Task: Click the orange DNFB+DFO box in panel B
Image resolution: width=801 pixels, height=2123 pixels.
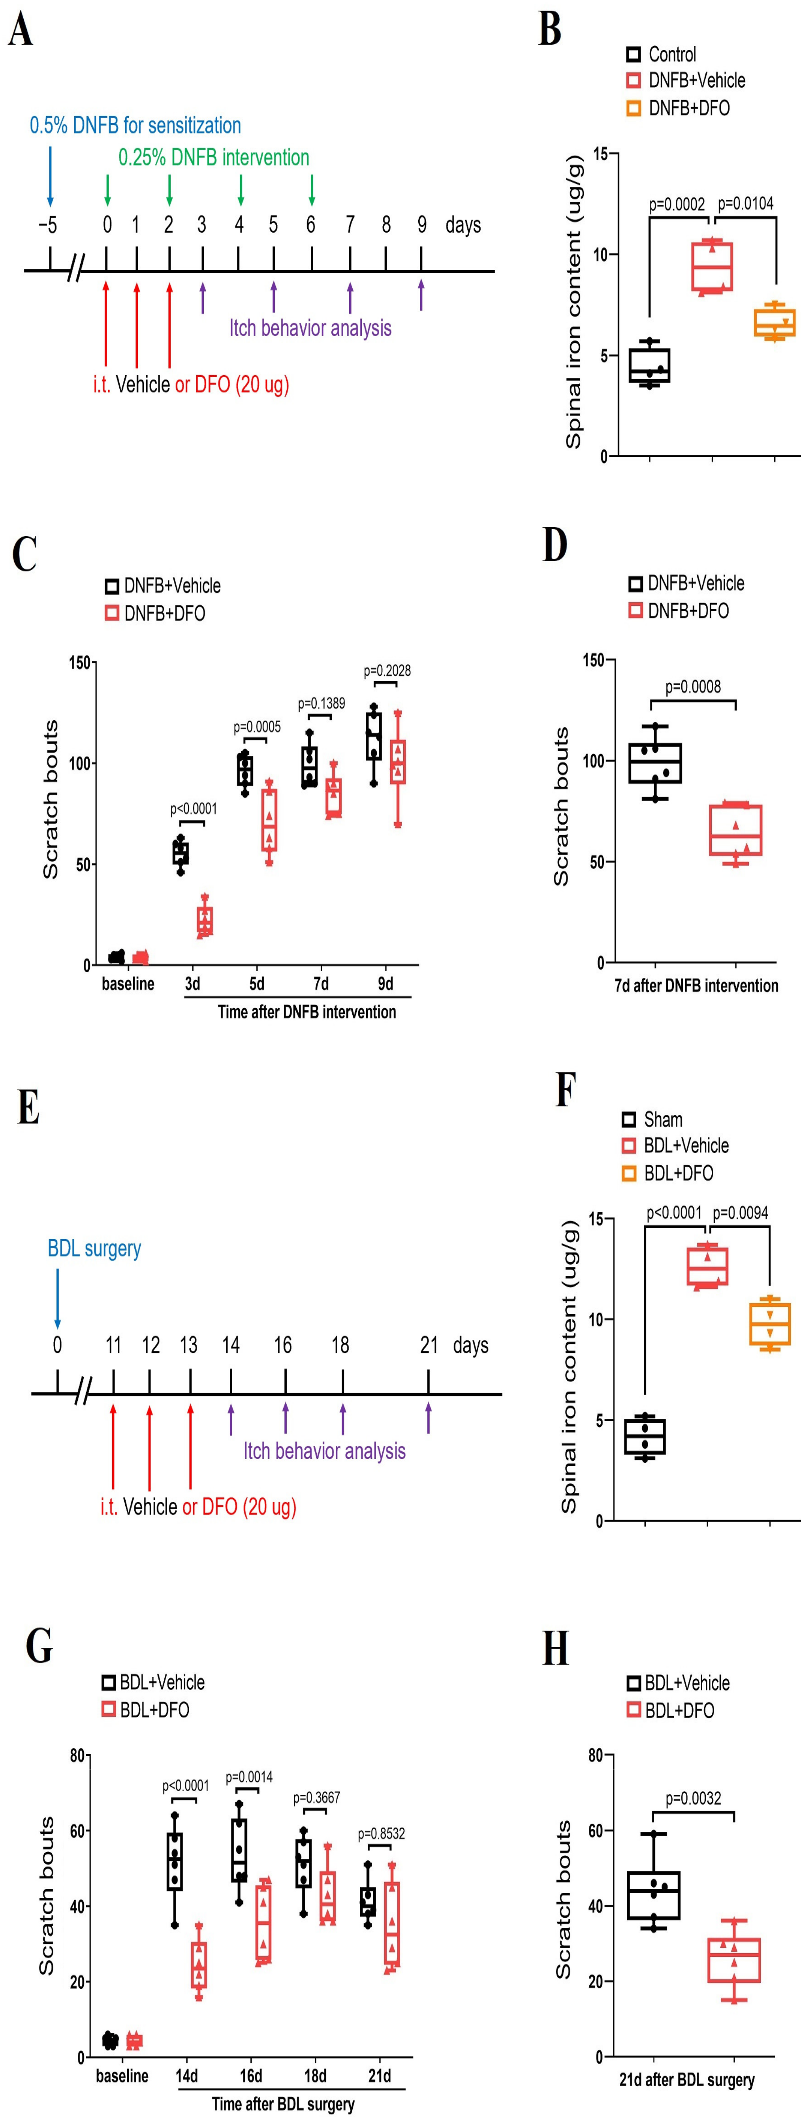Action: [x=775, y=322]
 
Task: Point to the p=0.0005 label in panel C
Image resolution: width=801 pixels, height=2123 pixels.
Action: [x=257, y=727]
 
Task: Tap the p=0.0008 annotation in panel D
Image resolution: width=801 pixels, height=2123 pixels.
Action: [x=693, y=686]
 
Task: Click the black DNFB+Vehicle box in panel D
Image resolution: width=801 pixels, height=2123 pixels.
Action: [x=655, y=763]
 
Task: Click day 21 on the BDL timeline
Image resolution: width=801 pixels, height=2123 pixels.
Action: [x=429, y=1345]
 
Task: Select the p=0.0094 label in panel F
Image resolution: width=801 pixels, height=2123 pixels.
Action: [x=740, y=1212]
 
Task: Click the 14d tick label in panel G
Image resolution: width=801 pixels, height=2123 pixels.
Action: [x=186, y=2075]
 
